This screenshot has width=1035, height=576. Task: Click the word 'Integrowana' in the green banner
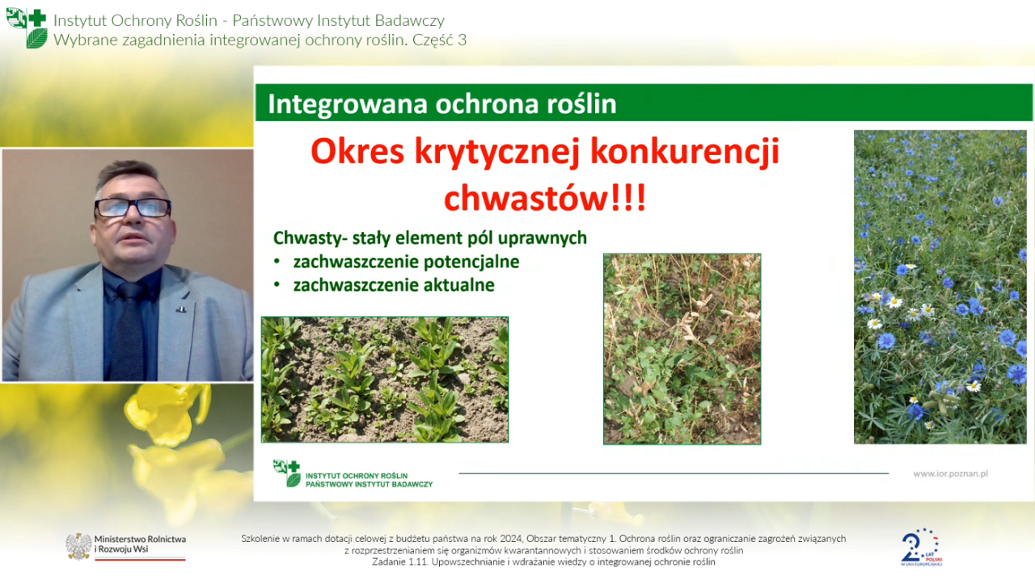(x=348, y=104)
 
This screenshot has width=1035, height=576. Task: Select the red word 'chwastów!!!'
(x=545, y=198)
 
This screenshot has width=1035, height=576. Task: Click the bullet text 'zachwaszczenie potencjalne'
(x=406, y=263)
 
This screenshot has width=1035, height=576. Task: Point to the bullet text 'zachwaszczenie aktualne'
(x=394, y=285)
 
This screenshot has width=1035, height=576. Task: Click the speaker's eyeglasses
(x=133, y=208)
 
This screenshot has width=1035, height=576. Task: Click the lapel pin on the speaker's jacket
(x=181, y=309)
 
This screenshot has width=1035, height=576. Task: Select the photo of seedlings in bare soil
(x=385, y=380)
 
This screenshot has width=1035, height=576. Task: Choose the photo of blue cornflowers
(x=940, y=287)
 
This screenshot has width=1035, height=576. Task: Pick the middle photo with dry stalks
(x=682, y=349)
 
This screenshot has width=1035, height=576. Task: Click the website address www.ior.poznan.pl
(x=950, y=473)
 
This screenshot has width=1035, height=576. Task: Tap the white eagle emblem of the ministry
(x=78, y=546)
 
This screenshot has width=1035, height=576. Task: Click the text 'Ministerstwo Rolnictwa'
(x=140, y=539)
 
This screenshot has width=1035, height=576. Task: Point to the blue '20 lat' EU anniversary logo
(x=921, y=548)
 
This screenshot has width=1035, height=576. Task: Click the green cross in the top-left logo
(x=37, y=18)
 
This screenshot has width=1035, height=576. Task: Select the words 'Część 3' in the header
(x=439, y=40)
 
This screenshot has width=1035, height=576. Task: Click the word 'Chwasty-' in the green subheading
(x=310, y=238)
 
